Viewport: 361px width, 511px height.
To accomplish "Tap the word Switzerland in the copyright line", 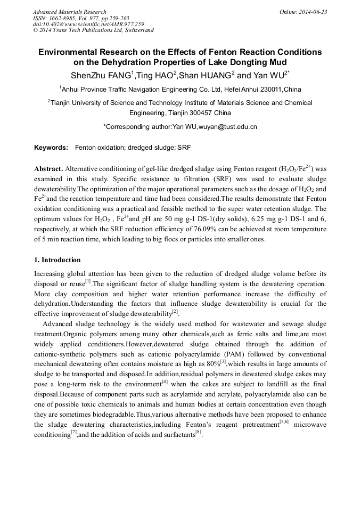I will click(x=136, y=30).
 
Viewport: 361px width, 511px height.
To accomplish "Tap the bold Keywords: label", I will click(x=51, y=147).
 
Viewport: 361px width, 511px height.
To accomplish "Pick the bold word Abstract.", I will click(x=49, y=168).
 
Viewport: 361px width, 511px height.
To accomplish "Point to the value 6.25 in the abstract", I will click(x=198, y=219).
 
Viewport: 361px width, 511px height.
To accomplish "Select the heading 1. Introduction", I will click(x=58, y=260).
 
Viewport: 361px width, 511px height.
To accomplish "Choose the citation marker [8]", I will click(x=198, y=432).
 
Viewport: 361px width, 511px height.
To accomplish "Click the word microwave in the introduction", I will click(x=309, y=424).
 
